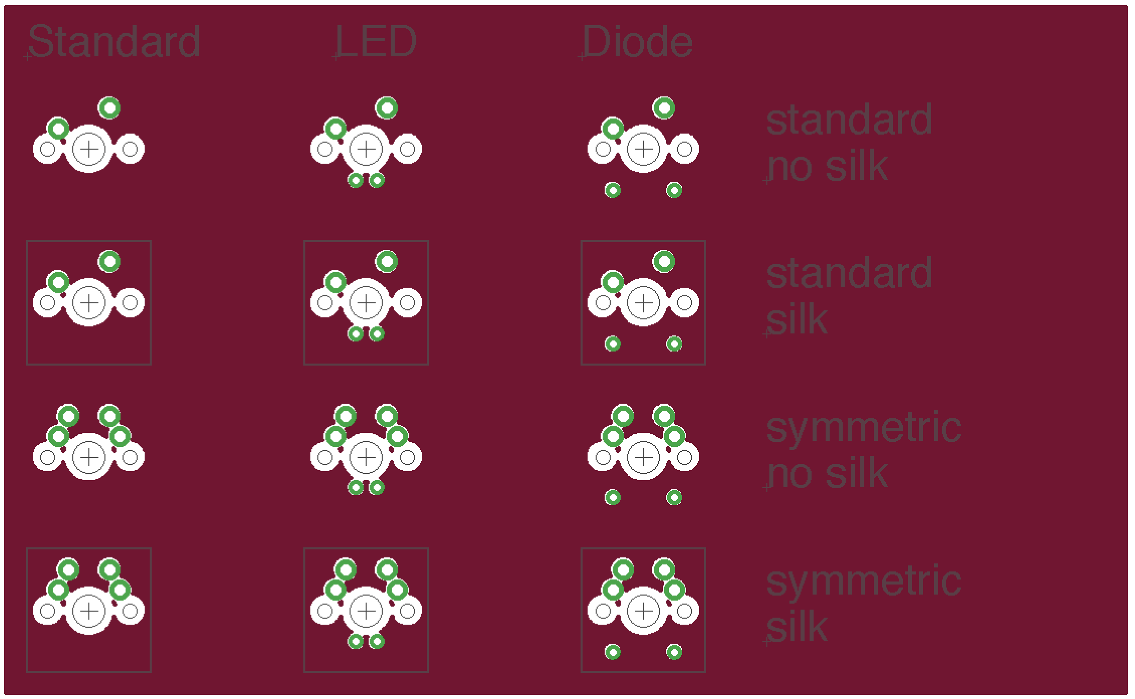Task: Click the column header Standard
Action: pos(114,42)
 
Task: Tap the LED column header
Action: pos(376,42)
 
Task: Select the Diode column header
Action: pos(637,42)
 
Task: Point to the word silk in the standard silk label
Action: pos(797,320)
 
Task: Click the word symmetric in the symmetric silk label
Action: pos(863,581)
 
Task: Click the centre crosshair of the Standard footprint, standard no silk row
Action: pos(89,149)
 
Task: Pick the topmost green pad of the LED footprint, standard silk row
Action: pos(387,261)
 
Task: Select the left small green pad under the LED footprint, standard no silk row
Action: pos(356,180)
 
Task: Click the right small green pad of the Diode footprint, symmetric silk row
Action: pos(674,652)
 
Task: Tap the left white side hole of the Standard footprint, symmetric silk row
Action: pos(48,611)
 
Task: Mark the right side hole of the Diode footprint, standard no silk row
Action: pos(684,149)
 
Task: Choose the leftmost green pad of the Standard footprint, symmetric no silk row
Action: pos(58,436)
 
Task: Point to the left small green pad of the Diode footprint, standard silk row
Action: pos(613,343)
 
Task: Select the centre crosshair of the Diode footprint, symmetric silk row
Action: pos(643,611)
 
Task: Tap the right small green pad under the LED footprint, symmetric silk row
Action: pos(377,641)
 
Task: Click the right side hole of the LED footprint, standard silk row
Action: pos(407,303)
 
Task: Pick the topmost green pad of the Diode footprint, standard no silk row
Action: pos(664,107)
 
